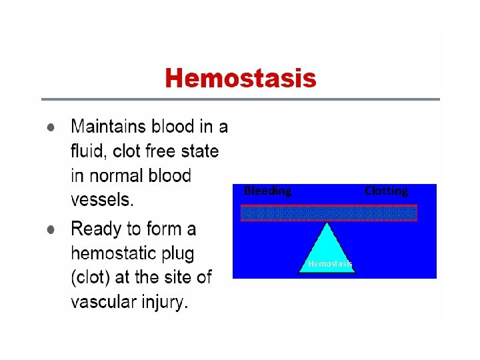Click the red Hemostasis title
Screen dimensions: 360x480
pos(241,79)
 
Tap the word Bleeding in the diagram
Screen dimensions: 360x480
pos(267,191)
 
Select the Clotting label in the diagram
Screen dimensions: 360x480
pos(386,191)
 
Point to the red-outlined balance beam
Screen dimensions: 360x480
pos(328,213)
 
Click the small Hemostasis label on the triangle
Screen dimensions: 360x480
pos(329,265)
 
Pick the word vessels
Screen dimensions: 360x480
pos(101,199)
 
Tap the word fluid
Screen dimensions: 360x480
pos(87,151)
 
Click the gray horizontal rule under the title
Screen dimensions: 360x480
pos(241,99)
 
